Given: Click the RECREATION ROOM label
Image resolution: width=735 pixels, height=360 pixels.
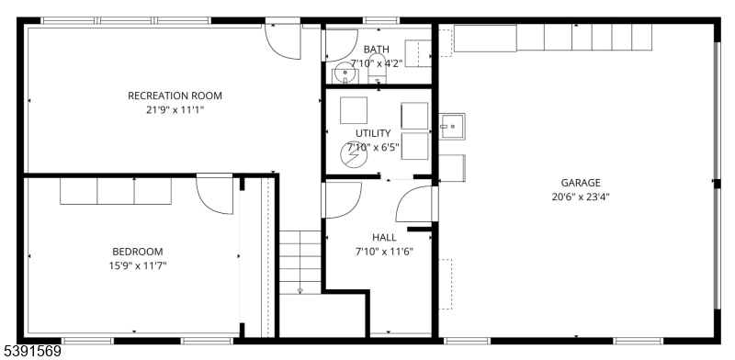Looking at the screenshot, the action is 175,96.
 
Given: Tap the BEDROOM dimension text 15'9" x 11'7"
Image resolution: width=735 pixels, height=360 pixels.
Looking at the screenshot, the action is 138,265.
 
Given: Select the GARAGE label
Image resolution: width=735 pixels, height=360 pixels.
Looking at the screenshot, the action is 581,183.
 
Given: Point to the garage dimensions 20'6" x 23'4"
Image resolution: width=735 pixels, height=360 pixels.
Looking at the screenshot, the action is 581,197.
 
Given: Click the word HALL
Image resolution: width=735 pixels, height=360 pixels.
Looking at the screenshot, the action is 384,238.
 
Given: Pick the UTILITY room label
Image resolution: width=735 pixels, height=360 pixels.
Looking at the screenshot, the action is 373,133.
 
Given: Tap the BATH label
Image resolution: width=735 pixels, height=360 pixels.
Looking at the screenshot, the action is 377,50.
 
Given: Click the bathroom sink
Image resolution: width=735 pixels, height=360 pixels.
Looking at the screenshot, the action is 345,74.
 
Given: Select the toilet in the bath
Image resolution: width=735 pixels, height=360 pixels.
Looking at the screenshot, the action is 377,69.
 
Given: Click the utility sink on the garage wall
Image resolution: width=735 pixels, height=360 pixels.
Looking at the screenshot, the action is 452,127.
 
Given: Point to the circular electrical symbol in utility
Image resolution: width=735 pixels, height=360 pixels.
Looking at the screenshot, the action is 354,154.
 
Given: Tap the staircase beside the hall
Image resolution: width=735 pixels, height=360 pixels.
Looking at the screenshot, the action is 300,263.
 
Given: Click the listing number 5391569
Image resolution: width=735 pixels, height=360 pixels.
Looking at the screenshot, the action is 31,351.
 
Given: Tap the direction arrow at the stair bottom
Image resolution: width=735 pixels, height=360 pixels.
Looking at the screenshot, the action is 300,290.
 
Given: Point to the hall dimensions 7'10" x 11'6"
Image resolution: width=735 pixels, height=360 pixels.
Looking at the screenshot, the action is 384,252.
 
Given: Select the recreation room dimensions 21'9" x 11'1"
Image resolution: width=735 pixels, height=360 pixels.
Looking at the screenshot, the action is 175,110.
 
